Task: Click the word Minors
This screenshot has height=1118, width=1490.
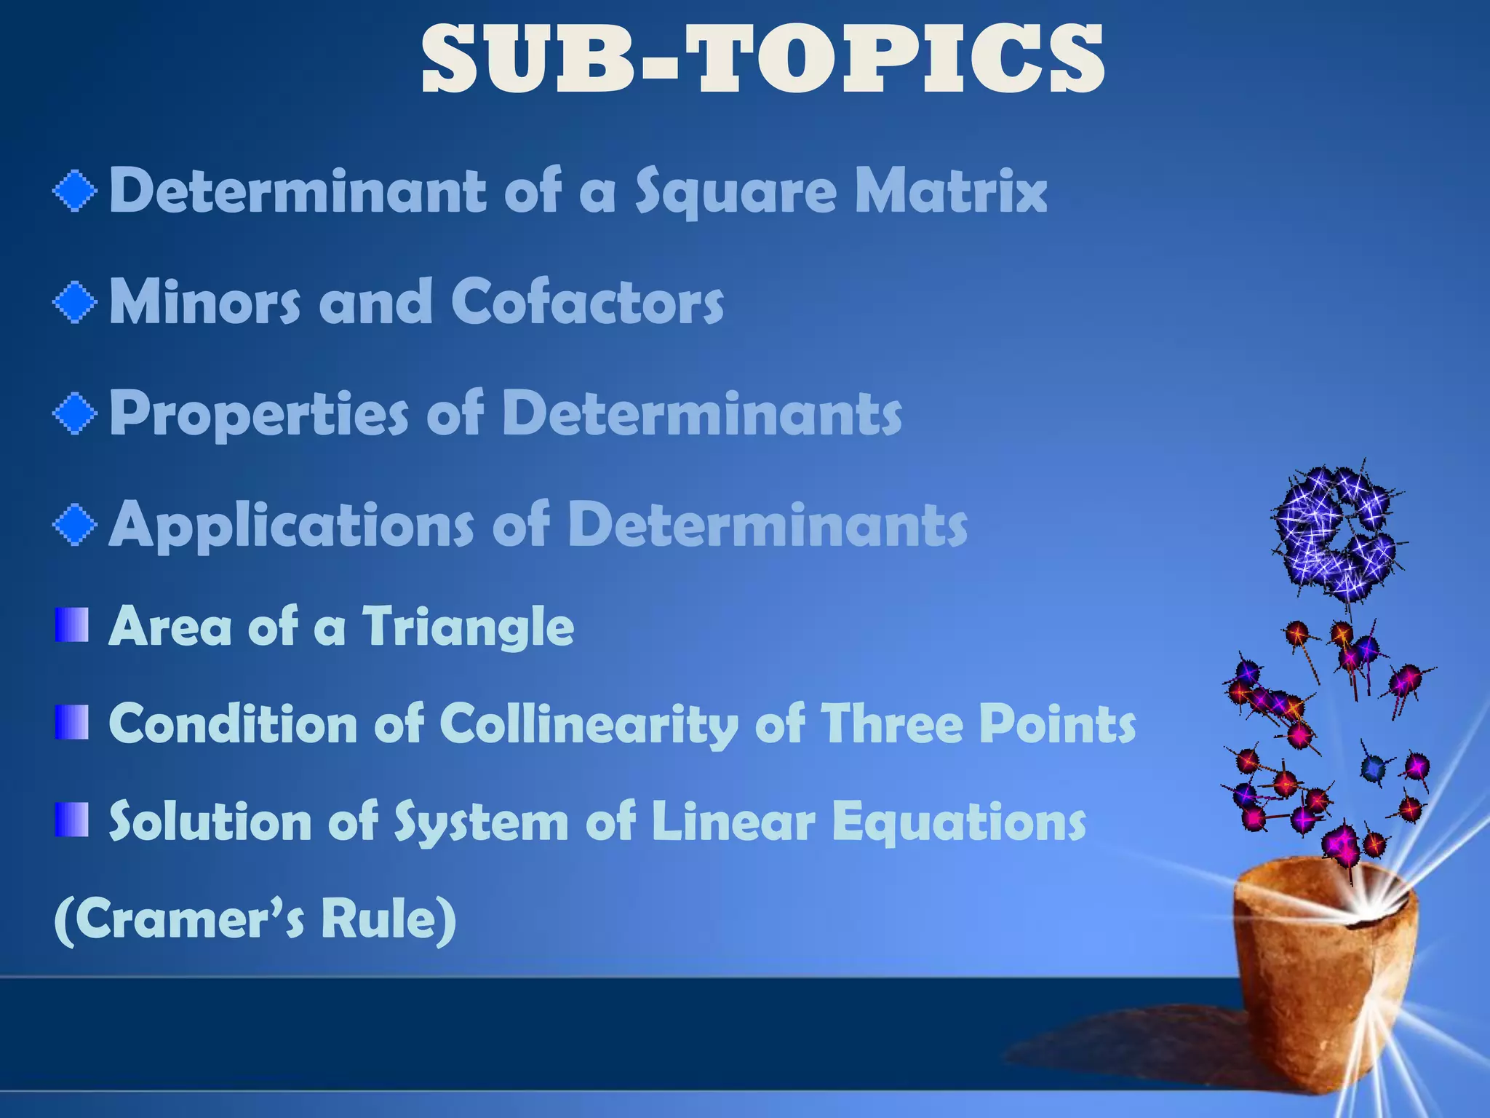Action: (x=204, y=301)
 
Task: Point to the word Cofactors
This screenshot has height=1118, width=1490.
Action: (x=587, y=301)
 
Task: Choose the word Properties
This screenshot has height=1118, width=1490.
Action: (x=258, y=413)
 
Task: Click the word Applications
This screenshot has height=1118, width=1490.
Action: (x=291, y=524)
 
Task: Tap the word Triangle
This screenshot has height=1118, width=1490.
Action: (x=469, y=626)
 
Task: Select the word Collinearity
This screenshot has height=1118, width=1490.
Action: (x=588, y=725)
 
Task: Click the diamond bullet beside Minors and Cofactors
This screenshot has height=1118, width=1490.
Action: (x=75, y=302)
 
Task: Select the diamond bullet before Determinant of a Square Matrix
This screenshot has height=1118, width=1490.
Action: (x=75, y=191)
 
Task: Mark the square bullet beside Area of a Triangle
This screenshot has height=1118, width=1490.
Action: (x=71, y=626)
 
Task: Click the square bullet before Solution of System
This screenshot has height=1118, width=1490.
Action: (x=71, y=820)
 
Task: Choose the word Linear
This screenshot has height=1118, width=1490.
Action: (x=733, y=822)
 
